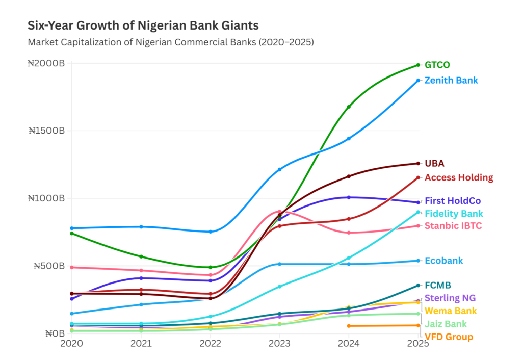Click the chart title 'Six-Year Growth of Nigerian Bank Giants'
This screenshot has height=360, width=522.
point(143,25)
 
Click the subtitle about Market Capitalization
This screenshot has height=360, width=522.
point(171,42)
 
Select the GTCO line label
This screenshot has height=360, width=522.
point(437,65)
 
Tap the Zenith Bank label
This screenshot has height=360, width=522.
point(451,80)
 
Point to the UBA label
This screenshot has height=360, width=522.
point(434,163)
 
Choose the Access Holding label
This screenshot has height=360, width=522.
point(459,177)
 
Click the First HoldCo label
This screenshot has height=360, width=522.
point(453,201)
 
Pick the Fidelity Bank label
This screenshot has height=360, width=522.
point(454,214)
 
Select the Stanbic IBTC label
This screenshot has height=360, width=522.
point(453,226)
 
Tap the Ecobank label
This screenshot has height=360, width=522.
point(443,261)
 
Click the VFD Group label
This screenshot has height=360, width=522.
point(449,337)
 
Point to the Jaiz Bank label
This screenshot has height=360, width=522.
point(446,324)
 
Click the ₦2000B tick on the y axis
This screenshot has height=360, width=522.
point(46,64)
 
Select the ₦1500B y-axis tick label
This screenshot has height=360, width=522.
point(46,131)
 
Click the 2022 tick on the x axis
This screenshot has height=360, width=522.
point(210,344)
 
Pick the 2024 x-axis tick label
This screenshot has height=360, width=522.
point(349,344)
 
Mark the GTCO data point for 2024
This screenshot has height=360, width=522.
point(349,107)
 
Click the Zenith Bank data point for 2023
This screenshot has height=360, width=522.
point(279,169)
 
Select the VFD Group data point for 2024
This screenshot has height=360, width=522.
point(349,326)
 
